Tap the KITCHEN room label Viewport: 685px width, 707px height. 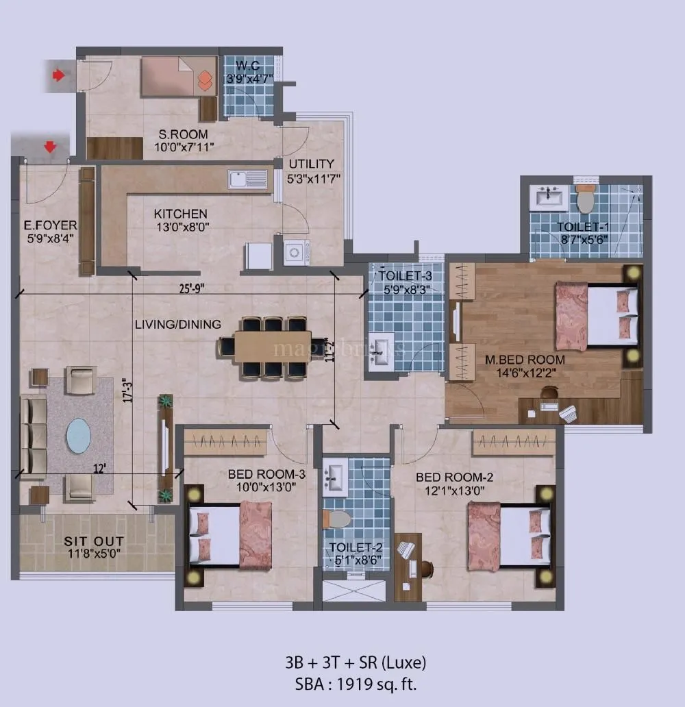180,214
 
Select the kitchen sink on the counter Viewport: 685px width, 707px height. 247,179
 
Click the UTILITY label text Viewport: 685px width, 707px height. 312,164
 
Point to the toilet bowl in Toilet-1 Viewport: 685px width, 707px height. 585,199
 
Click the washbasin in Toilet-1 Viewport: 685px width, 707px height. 549,199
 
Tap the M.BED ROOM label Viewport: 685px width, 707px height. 525,360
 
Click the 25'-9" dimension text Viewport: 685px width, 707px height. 189,288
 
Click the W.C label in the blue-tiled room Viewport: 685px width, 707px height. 249,66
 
